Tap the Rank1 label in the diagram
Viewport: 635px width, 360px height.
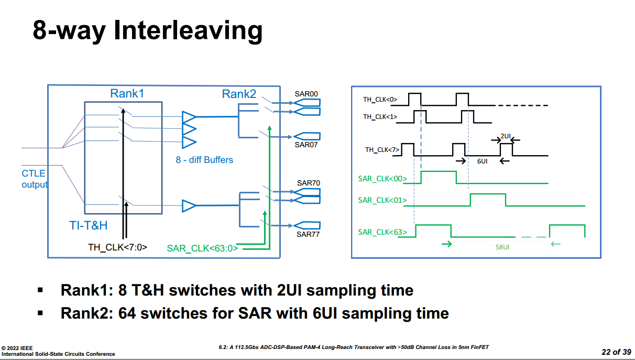click(127, 93)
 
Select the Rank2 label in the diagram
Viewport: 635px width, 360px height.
click(239, 94)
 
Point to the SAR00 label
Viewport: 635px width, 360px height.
click(306, 94)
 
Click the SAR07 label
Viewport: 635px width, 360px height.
click(306, 145)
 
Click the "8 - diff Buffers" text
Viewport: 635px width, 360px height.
click(204, 160)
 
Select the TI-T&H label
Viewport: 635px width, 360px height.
click(89, 225)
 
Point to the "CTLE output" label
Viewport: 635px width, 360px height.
click(34, 179)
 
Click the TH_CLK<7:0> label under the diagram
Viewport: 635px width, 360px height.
click(117, 247)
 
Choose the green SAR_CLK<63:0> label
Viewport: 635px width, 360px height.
click(202, 248)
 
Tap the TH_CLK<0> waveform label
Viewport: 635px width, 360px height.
click(380, 99)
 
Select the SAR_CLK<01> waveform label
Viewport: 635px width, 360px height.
click(382, 200)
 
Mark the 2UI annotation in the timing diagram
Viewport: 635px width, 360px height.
click(505, 136)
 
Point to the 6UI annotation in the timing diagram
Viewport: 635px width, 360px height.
click(483, 161)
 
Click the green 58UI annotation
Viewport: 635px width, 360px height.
click(502, 247)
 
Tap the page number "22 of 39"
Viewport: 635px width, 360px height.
click(616, 352)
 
